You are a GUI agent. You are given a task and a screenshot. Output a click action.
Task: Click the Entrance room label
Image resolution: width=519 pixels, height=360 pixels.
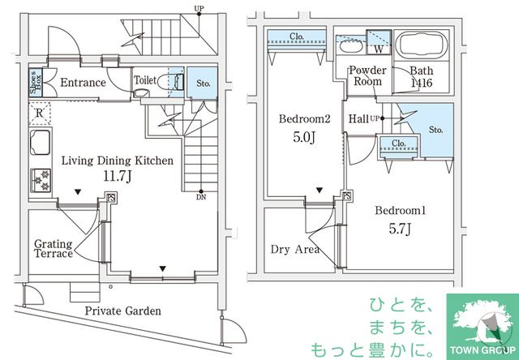83,83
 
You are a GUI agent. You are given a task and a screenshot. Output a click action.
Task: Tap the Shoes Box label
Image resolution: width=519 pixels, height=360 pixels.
36,82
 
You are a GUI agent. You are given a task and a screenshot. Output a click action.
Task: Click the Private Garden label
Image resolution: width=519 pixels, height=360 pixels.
123,311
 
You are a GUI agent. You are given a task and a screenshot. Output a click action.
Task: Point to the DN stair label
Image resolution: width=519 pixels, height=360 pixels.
199,196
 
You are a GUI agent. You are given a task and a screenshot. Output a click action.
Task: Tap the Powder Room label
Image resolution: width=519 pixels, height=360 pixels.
368,75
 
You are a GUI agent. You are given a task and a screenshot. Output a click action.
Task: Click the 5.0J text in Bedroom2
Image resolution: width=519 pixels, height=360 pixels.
304,138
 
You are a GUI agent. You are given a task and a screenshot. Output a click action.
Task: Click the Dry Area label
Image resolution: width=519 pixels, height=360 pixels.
295,249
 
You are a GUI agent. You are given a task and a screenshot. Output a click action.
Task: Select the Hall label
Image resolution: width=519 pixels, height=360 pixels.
358,119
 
